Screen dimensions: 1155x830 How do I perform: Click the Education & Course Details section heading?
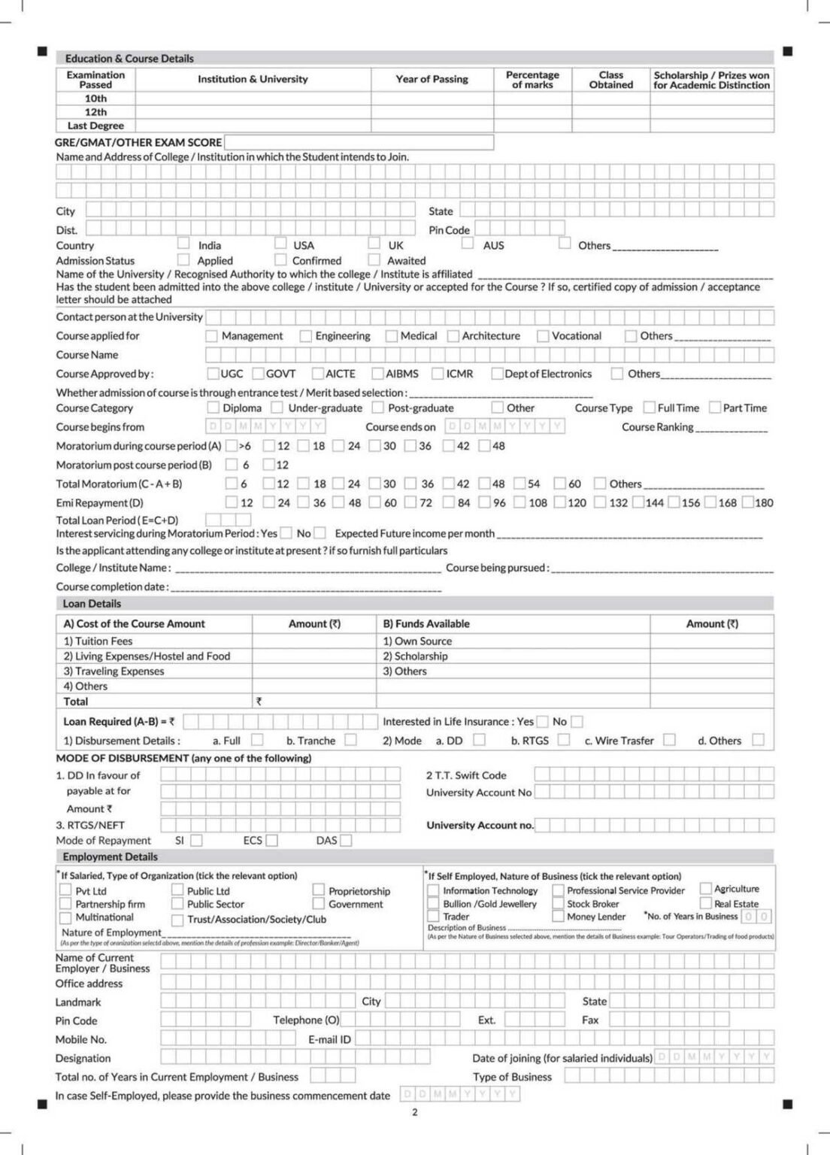pyautogui.click(x=129, y=58)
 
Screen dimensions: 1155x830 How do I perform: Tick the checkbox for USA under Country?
pyautogui.click(x=280, y=243)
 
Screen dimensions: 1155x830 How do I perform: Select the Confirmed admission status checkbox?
pyautogui.click(x=280, y=259)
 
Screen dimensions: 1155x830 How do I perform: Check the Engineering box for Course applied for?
pyautogui.click(x=305, y=336)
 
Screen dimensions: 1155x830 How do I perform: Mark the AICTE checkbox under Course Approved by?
pyautogui.click(x=317, y=374)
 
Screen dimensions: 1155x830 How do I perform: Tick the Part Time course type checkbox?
pyautogui.click(x=715, y=408)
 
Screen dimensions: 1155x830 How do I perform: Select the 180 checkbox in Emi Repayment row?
pyautogui.click(x=748, y=502)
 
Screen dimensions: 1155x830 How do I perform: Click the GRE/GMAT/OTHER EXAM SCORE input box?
pyautogui.click(x=359, y=142)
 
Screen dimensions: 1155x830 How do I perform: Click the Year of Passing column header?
pyautogui.click(x=432, y=79)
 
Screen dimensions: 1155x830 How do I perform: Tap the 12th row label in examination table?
pyautogui.click(x=95, y=112)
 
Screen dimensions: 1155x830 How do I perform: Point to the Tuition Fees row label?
pyautogui.click(x=98, y=641)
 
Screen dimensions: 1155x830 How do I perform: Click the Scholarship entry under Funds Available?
pyautogui.click(x=415, y=656)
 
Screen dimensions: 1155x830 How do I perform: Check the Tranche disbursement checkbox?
pyautogui.click(x=350, y=740)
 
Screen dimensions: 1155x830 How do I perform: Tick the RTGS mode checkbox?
pyautogui.click(x=564, y=740)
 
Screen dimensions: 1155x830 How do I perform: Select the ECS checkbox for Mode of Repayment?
pyautogui.click(x=271, y=840)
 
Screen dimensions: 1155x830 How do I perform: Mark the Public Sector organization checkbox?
pyautogui.click(x=177, y=904)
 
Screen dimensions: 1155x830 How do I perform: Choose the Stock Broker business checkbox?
pyautogui.click(x=558, y=904)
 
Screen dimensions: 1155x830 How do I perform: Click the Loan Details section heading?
pyautogui.click(x=92, y=603)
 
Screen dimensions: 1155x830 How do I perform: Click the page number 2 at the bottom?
pyautogui.click(x=414, y=1112)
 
